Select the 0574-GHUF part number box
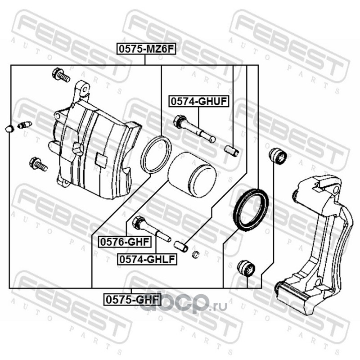(199, 102)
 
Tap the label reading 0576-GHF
(125, 242)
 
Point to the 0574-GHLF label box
(147, 259)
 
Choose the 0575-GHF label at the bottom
(132, 300)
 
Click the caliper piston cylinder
(192, 175)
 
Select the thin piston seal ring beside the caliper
(156, 154)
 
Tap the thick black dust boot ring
(251, 209)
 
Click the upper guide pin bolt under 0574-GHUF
(194, 129)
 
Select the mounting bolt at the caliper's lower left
(38, 164)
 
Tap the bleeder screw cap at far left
(9, 129)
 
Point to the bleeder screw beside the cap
(25, 126)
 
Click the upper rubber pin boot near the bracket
(278, 156)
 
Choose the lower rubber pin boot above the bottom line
(246, 268)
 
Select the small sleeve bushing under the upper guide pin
(232, 151)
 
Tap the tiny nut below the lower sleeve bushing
(195, 254)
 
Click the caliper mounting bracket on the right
(315, 243)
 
